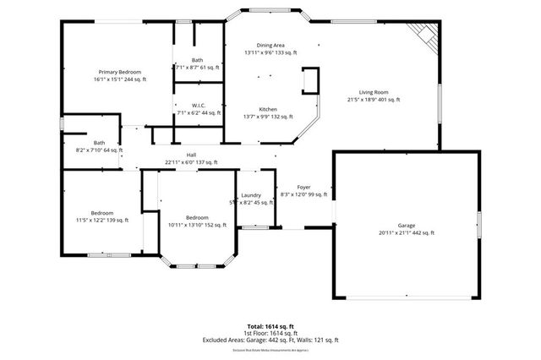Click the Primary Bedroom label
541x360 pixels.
(119, 72)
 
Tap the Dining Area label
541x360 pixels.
(270, 45)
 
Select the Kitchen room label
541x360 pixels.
(268, 109)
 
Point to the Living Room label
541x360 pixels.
(373, 91)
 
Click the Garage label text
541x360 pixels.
(407, 225)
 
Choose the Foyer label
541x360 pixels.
(303, 187)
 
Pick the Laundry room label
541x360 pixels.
(251, 195)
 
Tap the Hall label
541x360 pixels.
(191, 155)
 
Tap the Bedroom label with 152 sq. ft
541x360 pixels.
(197, 217)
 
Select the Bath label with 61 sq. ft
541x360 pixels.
(197, 59)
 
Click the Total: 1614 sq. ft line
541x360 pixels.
(270, 325)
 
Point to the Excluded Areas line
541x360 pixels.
(270, 340)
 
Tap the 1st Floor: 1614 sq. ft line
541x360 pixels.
(270, 333)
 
